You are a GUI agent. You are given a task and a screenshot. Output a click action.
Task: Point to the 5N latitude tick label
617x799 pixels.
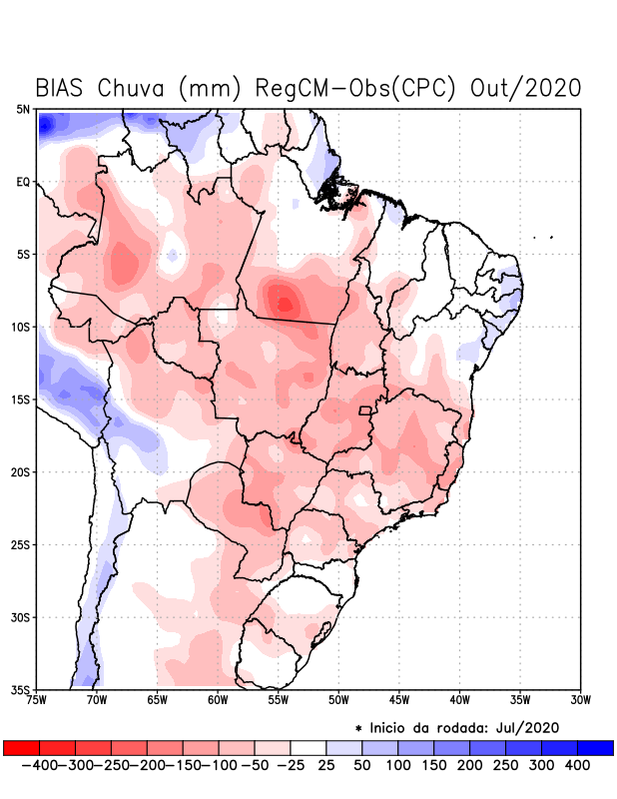coord(22,109)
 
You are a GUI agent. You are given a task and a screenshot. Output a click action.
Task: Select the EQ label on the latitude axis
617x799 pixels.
coord(22,182)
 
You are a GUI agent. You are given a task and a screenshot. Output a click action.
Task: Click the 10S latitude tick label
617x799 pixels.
coord(20,327)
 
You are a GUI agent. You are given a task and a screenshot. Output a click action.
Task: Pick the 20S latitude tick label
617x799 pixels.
coord(20,471)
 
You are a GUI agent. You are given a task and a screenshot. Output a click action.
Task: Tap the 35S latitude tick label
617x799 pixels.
coord(20,689)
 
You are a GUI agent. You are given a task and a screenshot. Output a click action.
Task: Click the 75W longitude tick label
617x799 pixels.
coord(38,699)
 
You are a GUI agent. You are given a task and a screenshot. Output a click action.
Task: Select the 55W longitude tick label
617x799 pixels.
coord(280,699)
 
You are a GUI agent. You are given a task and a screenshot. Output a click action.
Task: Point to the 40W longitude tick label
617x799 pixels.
coord(460,699)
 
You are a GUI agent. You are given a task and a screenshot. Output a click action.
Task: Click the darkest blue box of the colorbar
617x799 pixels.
coord(595,747)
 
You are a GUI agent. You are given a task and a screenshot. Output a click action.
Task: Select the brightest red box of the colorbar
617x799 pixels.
coord(22,747)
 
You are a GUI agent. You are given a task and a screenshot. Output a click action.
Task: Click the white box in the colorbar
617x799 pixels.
coord(308,747)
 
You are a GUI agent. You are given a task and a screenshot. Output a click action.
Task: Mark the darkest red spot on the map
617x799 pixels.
coord(285,303)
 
